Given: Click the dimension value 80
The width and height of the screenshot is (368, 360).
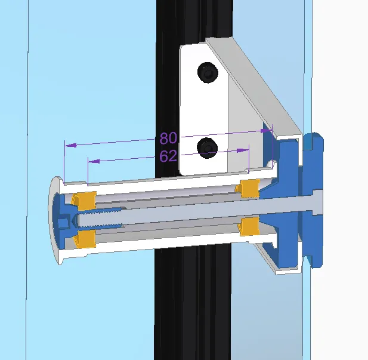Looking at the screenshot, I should (168, 139).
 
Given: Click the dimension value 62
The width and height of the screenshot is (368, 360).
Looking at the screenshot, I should (168, 156).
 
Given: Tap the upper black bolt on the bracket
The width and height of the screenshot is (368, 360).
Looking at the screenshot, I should (208, 73).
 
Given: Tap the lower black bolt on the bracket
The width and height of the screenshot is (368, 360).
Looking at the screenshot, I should (208, 147).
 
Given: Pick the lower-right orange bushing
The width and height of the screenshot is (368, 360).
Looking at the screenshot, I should (248, 227).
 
